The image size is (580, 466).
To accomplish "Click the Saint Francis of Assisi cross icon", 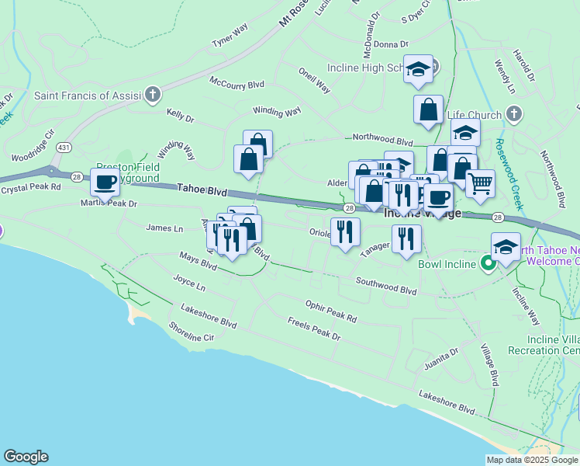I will [152, 96].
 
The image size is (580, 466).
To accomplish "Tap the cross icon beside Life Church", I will [513, 115].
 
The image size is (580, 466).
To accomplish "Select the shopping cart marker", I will [480, 184].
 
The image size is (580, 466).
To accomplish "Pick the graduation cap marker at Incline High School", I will [418, 71].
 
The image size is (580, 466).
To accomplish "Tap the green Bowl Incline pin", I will [488, 264].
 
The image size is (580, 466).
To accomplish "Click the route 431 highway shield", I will [64, 147].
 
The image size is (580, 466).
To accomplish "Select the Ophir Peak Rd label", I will [330, 312].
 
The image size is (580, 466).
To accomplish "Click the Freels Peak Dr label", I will [313, 329].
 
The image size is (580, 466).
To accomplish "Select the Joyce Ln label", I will [189, 283].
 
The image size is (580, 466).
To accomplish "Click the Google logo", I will [26, 457].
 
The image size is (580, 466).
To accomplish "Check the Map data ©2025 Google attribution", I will [531, 460].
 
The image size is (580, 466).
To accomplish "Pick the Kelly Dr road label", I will [180, 116].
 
